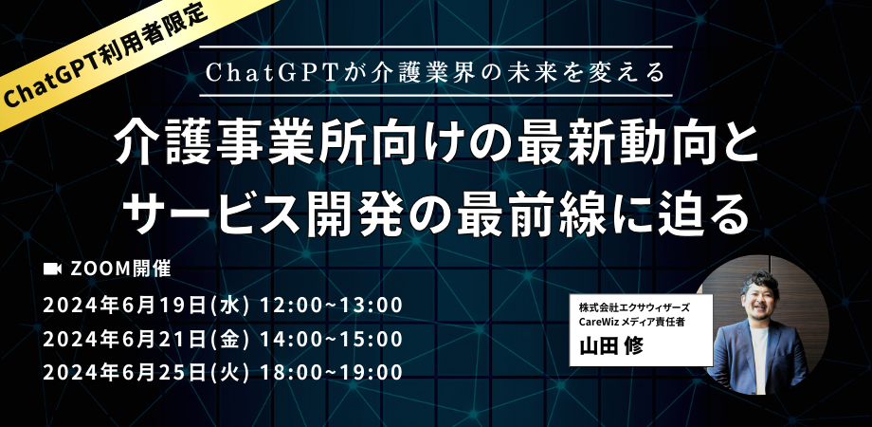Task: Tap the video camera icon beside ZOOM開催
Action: coord(52,269)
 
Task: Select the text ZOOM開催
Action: coord(120,269)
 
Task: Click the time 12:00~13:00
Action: coord(332,306)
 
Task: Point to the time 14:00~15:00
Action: coord(332,339)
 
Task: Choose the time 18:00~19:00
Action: coord(332,373)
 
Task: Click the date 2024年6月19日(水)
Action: coord(146,306)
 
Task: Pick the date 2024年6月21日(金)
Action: coord(146,339)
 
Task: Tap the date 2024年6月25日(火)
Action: coord(146,373)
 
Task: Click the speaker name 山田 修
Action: coord(611,346)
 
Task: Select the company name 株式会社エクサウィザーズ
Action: coord(634,307)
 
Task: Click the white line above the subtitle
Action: coord(435,46)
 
